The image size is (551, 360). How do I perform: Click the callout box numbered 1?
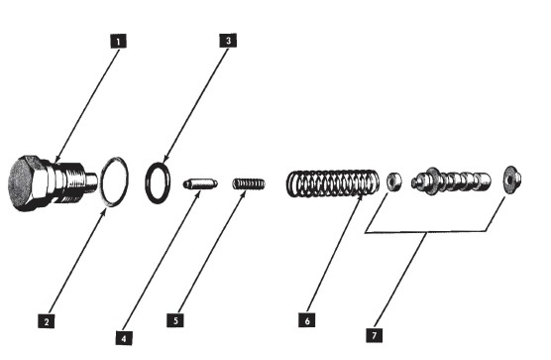pos(118,41)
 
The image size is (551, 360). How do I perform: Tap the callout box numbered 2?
pos(47,321)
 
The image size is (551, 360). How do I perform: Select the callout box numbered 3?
pos(228,41)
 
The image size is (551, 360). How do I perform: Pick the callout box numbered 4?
pos(124,338)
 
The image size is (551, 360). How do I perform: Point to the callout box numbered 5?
pos(175,320)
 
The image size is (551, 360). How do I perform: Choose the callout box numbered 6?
pos(307,320)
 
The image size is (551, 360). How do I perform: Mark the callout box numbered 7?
pos(374,334)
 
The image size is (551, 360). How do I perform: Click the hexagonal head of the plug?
pos(28,182)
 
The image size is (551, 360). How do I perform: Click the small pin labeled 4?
pos(200,183)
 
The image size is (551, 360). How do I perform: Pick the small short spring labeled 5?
pos(249,183)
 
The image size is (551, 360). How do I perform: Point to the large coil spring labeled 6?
pos(332,183)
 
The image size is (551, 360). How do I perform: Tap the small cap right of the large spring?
pos(394,180)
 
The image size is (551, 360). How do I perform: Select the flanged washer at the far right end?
pos(512,180)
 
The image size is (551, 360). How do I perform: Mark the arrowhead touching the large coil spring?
pos(361,198)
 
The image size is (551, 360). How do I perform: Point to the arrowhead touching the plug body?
pos(58,161)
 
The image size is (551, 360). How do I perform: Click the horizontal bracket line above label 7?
pos(426,232)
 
